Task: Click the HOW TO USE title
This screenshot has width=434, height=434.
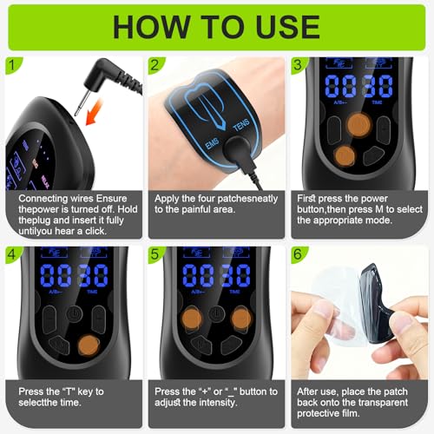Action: [x=217, y=26]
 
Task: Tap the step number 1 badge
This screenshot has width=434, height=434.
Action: [x=10, y=65]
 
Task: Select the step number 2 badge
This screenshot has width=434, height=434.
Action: [x=154, y=65]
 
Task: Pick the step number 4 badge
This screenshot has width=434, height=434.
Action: [x=10, y=255]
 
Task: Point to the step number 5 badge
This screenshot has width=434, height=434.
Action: [x=154, y=255]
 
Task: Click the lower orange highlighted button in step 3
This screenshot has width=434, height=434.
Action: [x=345, y=156]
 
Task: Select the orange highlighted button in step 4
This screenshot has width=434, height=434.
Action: [x=87, y=345]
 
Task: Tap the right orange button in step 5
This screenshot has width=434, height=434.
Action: [x=241, y=319]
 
